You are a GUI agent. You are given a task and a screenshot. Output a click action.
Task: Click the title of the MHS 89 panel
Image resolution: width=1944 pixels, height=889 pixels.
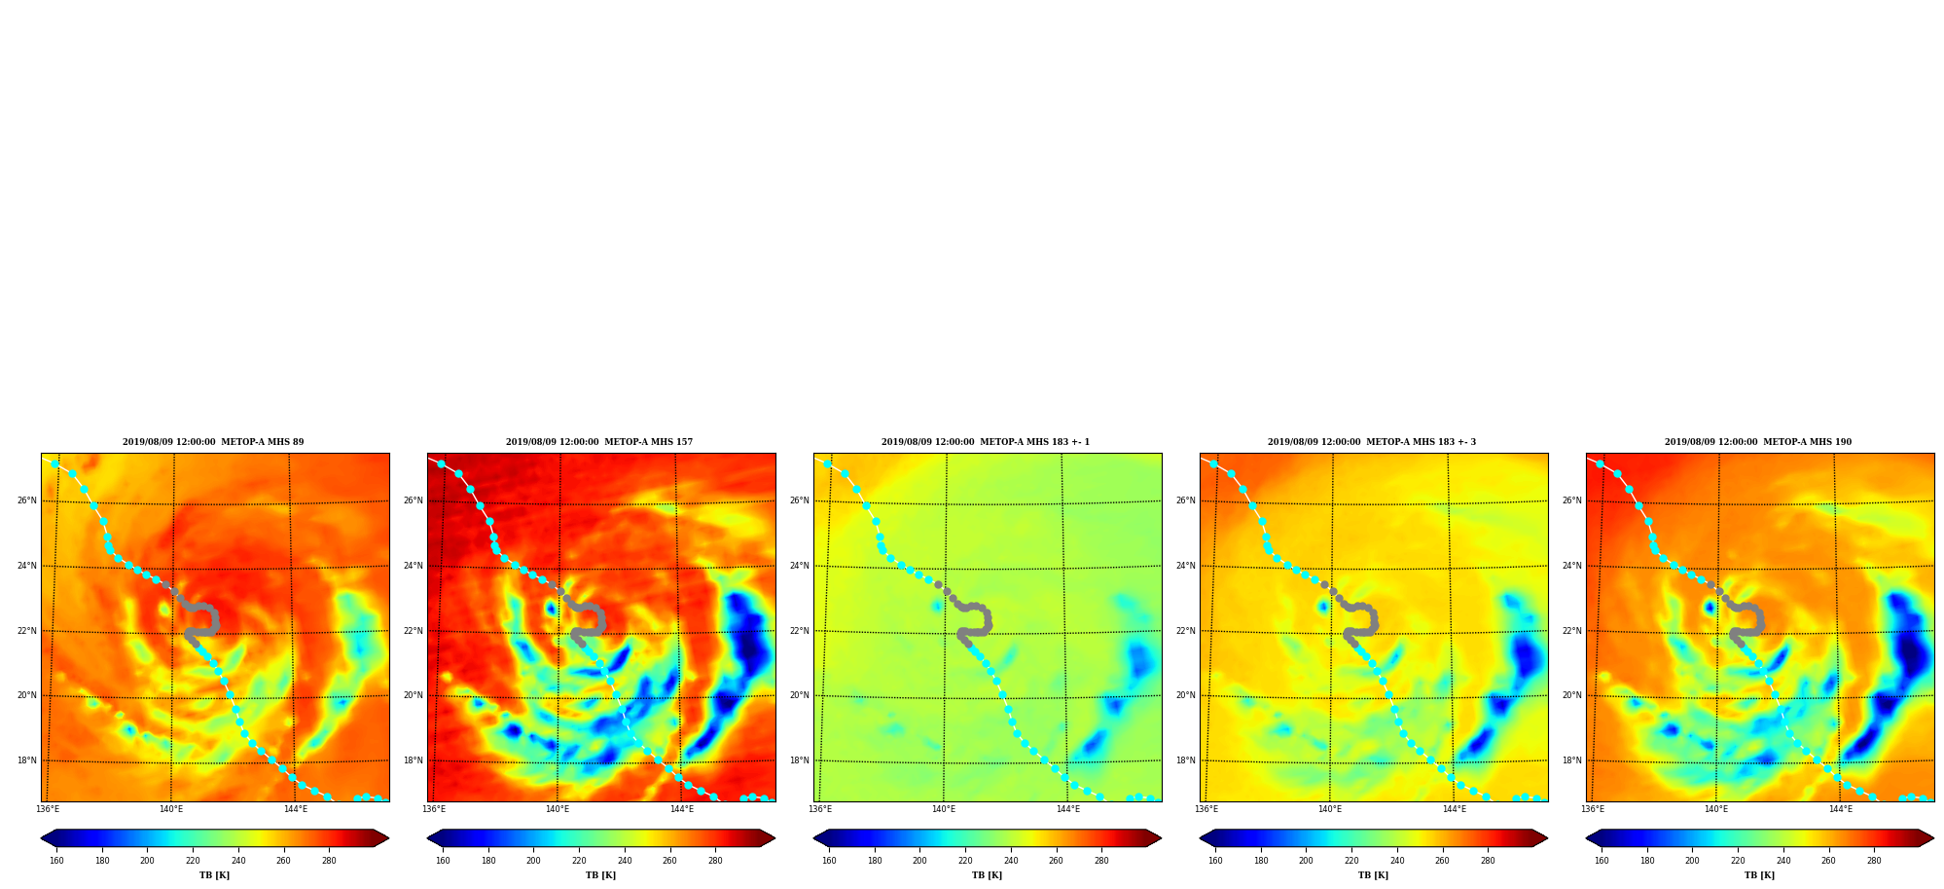click(213, 442)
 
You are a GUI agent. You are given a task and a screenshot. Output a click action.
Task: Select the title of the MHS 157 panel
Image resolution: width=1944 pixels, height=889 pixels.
click(599, 442)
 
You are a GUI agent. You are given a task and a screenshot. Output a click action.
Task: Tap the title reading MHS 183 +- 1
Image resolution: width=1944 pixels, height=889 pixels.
click(986, 442)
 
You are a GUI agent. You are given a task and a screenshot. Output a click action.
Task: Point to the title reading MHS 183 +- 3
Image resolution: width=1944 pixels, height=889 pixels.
click(1372, 442)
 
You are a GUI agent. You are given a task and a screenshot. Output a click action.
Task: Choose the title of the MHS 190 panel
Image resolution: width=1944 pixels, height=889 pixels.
click(1758, 442)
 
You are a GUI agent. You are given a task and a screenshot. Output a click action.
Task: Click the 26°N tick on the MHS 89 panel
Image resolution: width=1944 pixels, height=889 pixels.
click(26, 500)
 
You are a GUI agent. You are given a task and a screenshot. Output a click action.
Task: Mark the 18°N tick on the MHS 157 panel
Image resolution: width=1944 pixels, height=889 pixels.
click(413, 760)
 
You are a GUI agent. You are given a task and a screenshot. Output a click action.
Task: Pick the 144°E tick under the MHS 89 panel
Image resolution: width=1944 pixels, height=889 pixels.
click(296, 809)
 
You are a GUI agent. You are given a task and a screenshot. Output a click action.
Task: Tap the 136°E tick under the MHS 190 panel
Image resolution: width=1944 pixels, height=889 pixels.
click(1593, 809)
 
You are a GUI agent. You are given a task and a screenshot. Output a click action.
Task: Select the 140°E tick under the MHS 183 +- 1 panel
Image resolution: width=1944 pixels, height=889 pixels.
click(944, 809)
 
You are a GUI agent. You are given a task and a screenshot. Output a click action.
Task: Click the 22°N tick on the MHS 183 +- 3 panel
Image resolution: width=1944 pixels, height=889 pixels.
click(1185, 631)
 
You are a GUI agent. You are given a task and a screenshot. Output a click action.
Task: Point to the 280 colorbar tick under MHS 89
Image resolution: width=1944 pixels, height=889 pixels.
click(329, 861)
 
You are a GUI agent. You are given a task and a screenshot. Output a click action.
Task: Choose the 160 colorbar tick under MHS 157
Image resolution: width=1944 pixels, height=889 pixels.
click(443, 861)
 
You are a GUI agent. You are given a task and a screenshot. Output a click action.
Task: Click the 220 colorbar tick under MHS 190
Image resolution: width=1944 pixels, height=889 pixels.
click(1738, 861)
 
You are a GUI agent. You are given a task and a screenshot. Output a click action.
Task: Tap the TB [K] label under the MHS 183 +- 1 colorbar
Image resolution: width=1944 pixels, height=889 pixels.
click(987, 875)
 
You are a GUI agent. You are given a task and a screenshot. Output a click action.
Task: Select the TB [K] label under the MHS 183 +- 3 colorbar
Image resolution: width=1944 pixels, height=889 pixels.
click(1373, 875)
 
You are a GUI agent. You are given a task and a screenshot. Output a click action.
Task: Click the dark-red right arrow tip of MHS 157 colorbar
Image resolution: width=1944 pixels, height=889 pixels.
click(774, 838)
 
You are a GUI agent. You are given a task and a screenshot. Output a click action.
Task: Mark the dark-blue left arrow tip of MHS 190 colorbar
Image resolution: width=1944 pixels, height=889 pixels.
click(1587, 838)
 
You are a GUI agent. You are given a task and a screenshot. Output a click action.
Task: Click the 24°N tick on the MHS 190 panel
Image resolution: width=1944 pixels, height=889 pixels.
click(1571, 566)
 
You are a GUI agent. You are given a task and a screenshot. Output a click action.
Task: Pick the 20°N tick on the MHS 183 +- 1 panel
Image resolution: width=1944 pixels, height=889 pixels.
click(799, 695)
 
